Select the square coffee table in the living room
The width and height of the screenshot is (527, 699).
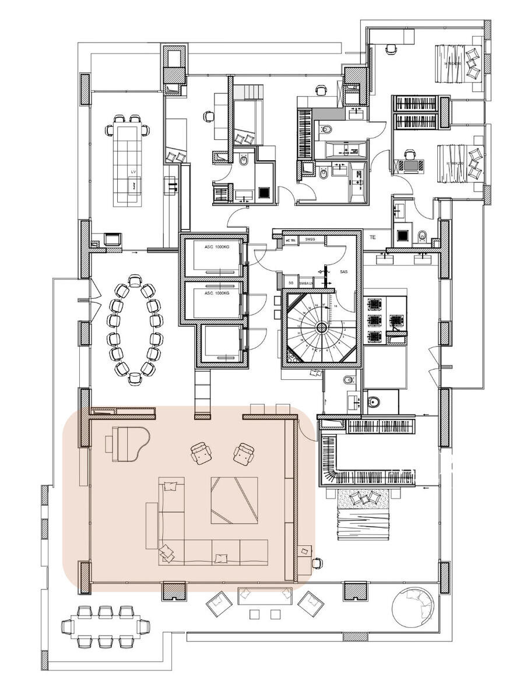[x=234, y=500]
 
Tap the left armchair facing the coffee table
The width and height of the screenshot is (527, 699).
[x=201, y=453]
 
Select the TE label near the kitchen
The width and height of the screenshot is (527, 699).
[x=372, y=238]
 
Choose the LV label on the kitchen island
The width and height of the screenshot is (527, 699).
[x=133, y=172]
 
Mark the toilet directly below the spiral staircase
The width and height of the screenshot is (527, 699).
[x=349, y=380]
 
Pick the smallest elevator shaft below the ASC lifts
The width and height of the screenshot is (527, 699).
[x=222, y=344]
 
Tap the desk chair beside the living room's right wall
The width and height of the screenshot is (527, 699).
[x=317, y=563]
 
